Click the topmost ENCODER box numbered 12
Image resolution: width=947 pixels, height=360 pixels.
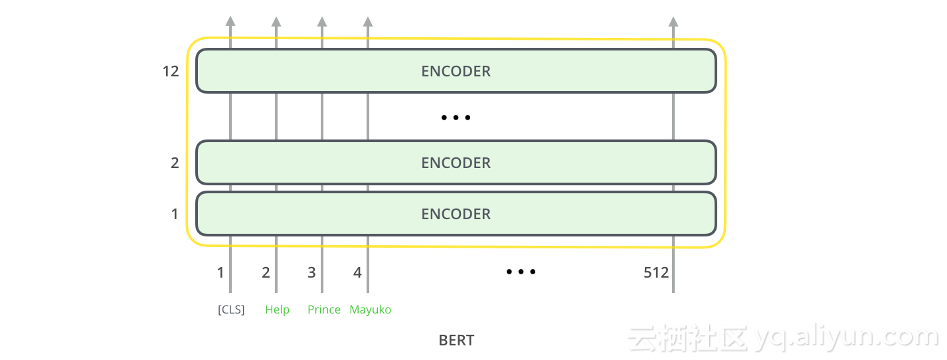pyautogui.click(x=456, y=71)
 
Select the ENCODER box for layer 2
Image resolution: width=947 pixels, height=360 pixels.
pyautogui.click(x=456, y=163)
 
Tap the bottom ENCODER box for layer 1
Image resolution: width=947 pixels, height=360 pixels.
pyautogui.click(x=456, y=214)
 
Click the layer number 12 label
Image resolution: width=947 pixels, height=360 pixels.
pyautogui.click(x=171, y=71)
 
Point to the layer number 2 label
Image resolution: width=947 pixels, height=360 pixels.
pyautogui.click(x=175, y=163)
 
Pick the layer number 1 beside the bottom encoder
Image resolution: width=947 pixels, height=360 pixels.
pyautogui.click(x=175, y=214)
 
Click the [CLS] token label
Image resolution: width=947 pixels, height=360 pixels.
pyautogui.click(x=231, y=310)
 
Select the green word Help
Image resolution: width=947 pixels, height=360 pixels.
pyautogui.click(x=277, y=310)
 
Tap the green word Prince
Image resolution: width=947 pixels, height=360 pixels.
pyautogui.click(x=324, y=310)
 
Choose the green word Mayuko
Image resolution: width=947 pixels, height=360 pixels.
pyautogui.click(x=371, y=310)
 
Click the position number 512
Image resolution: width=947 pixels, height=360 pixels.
pyautogui.click(x=656, y=272)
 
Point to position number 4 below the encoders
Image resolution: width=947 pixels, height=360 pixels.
pyautogui.click(x=357, y=272)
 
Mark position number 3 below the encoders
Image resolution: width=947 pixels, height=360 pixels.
pyautogui.click(x=311, y=272)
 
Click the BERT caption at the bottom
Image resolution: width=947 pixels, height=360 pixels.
pyautogui.click(x=456, y=341)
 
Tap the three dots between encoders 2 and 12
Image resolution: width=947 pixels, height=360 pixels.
pyautogui.click(x=456, y=118)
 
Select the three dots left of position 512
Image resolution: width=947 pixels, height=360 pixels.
pyautogui.click(x=521, y=272)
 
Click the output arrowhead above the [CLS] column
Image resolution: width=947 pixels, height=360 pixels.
pyautogui.click(x=230, y=21)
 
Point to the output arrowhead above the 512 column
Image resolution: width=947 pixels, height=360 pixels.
pyautogui.click(x=673, y=21)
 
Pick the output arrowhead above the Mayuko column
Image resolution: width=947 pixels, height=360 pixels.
pyautogui.click(x=368, y=21)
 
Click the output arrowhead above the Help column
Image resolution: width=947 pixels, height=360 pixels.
pyautogui.click(x=276, y=21)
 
